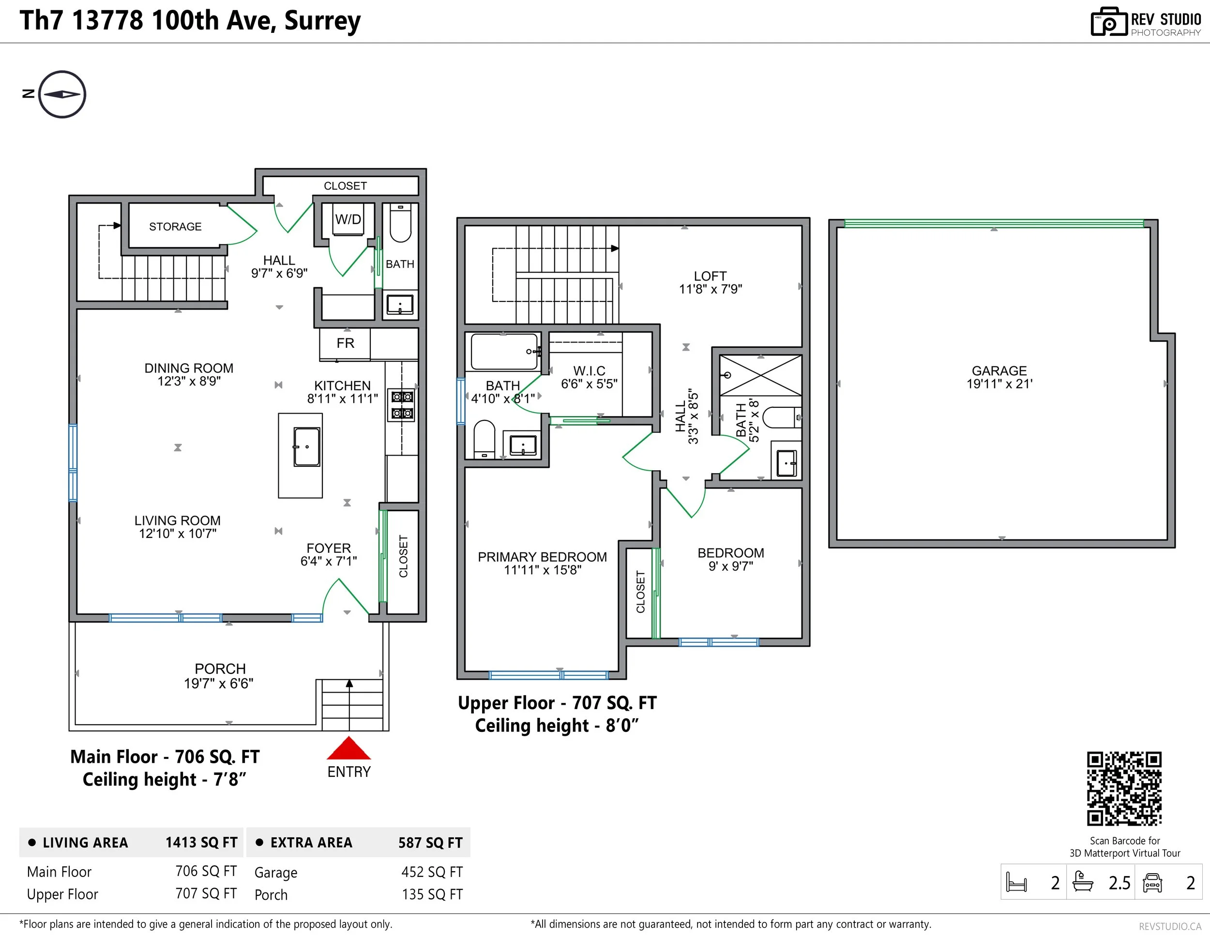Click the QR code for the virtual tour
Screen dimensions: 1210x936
[x=1124, y=788]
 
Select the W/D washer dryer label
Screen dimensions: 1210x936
[x=348, y=219]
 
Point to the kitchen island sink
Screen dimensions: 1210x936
[x=306, y=447]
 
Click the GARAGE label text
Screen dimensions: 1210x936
[x=999, y=371]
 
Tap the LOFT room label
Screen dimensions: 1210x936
[x=710, y=276]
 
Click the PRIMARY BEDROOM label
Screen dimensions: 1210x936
[x=543, y=557]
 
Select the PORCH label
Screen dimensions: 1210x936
[x=220, y=669]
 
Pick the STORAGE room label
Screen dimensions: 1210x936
[x=175, y=226]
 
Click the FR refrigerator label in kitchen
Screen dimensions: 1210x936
[x=345, y=343]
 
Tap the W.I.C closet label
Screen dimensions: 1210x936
[x=589, y=371]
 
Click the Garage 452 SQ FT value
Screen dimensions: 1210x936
[x=432, y=872]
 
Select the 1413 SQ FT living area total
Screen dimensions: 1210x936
[x=201, y=843]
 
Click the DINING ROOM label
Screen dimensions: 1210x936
[x=189, y=368]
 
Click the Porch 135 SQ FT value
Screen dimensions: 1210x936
[x=432, y=894]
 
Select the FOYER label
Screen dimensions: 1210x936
[x=329, y=548]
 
